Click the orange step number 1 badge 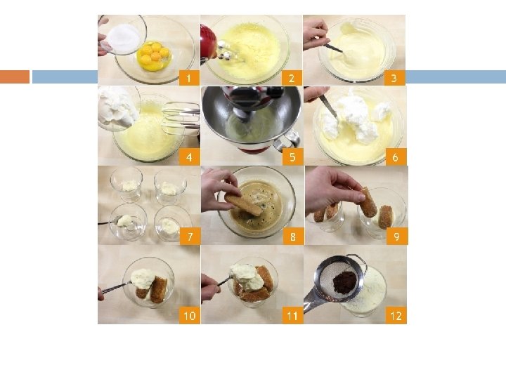tap(189, 78)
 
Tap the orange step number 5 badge tap(292, 157)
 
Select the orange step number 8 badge tap(293, 237)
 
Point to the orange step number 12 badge tap(396, 316)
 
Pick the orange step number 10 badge tap(190, 316)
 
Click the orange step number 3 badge tap(394, 78)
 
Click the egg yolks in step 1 tap(153, 54)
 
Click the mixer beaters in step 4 tap(181, 118)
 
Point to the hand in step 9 tap(332, 189)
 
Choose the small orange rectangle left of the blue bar tap(15, 77)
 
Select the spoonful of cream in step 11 tap(246, 277)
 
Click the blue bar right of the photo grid tap(455, 77)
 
